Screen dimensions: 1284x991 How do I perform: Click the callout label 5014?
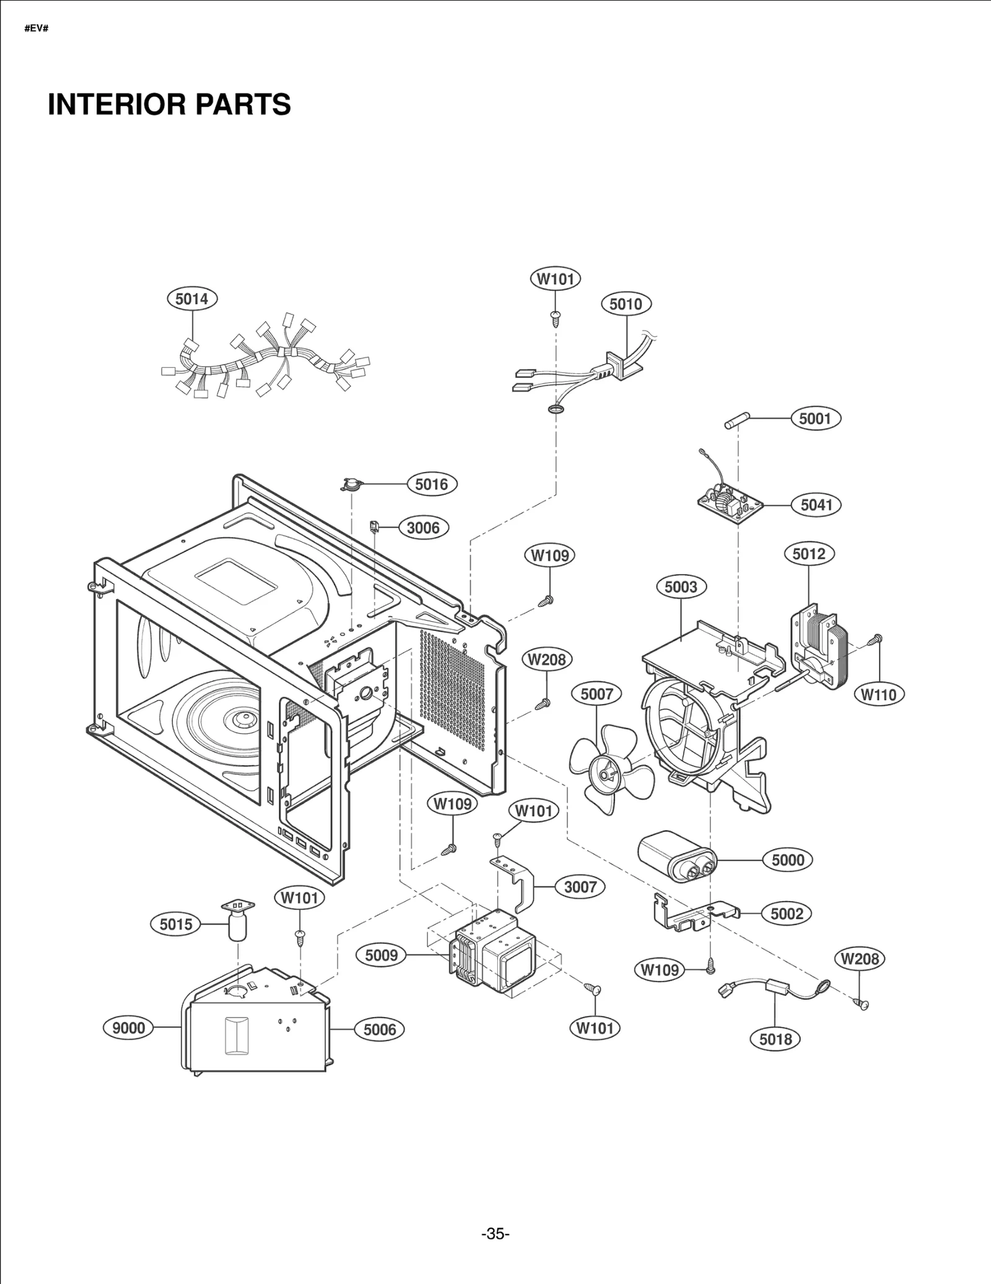tap(192, 299)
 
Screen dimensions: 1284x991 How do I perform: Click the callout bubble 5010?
tap(626, 304)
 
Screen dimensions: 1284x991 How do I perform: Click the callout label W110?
tap(879, 694)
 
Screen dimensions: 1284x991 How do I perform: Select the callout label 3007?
tap(580, 887)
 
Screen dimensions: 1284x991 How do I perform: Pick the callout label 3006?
tap(423, 528)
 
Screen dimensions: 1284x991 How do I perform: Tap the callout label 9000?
tap(128, 1028)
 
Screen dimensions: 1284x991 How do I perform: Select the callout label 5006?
tap(379, 1029)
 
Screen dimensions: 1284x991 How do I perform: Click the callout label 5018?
tap(775, 1039)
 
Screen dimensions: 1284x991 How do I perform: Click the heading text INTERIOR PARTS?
tap(169, 104)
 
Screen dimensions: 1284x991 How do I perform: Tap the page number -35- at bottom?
tap(495, 1234)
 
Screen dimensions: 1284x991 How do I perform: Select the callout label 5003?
tap(681, 587)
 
